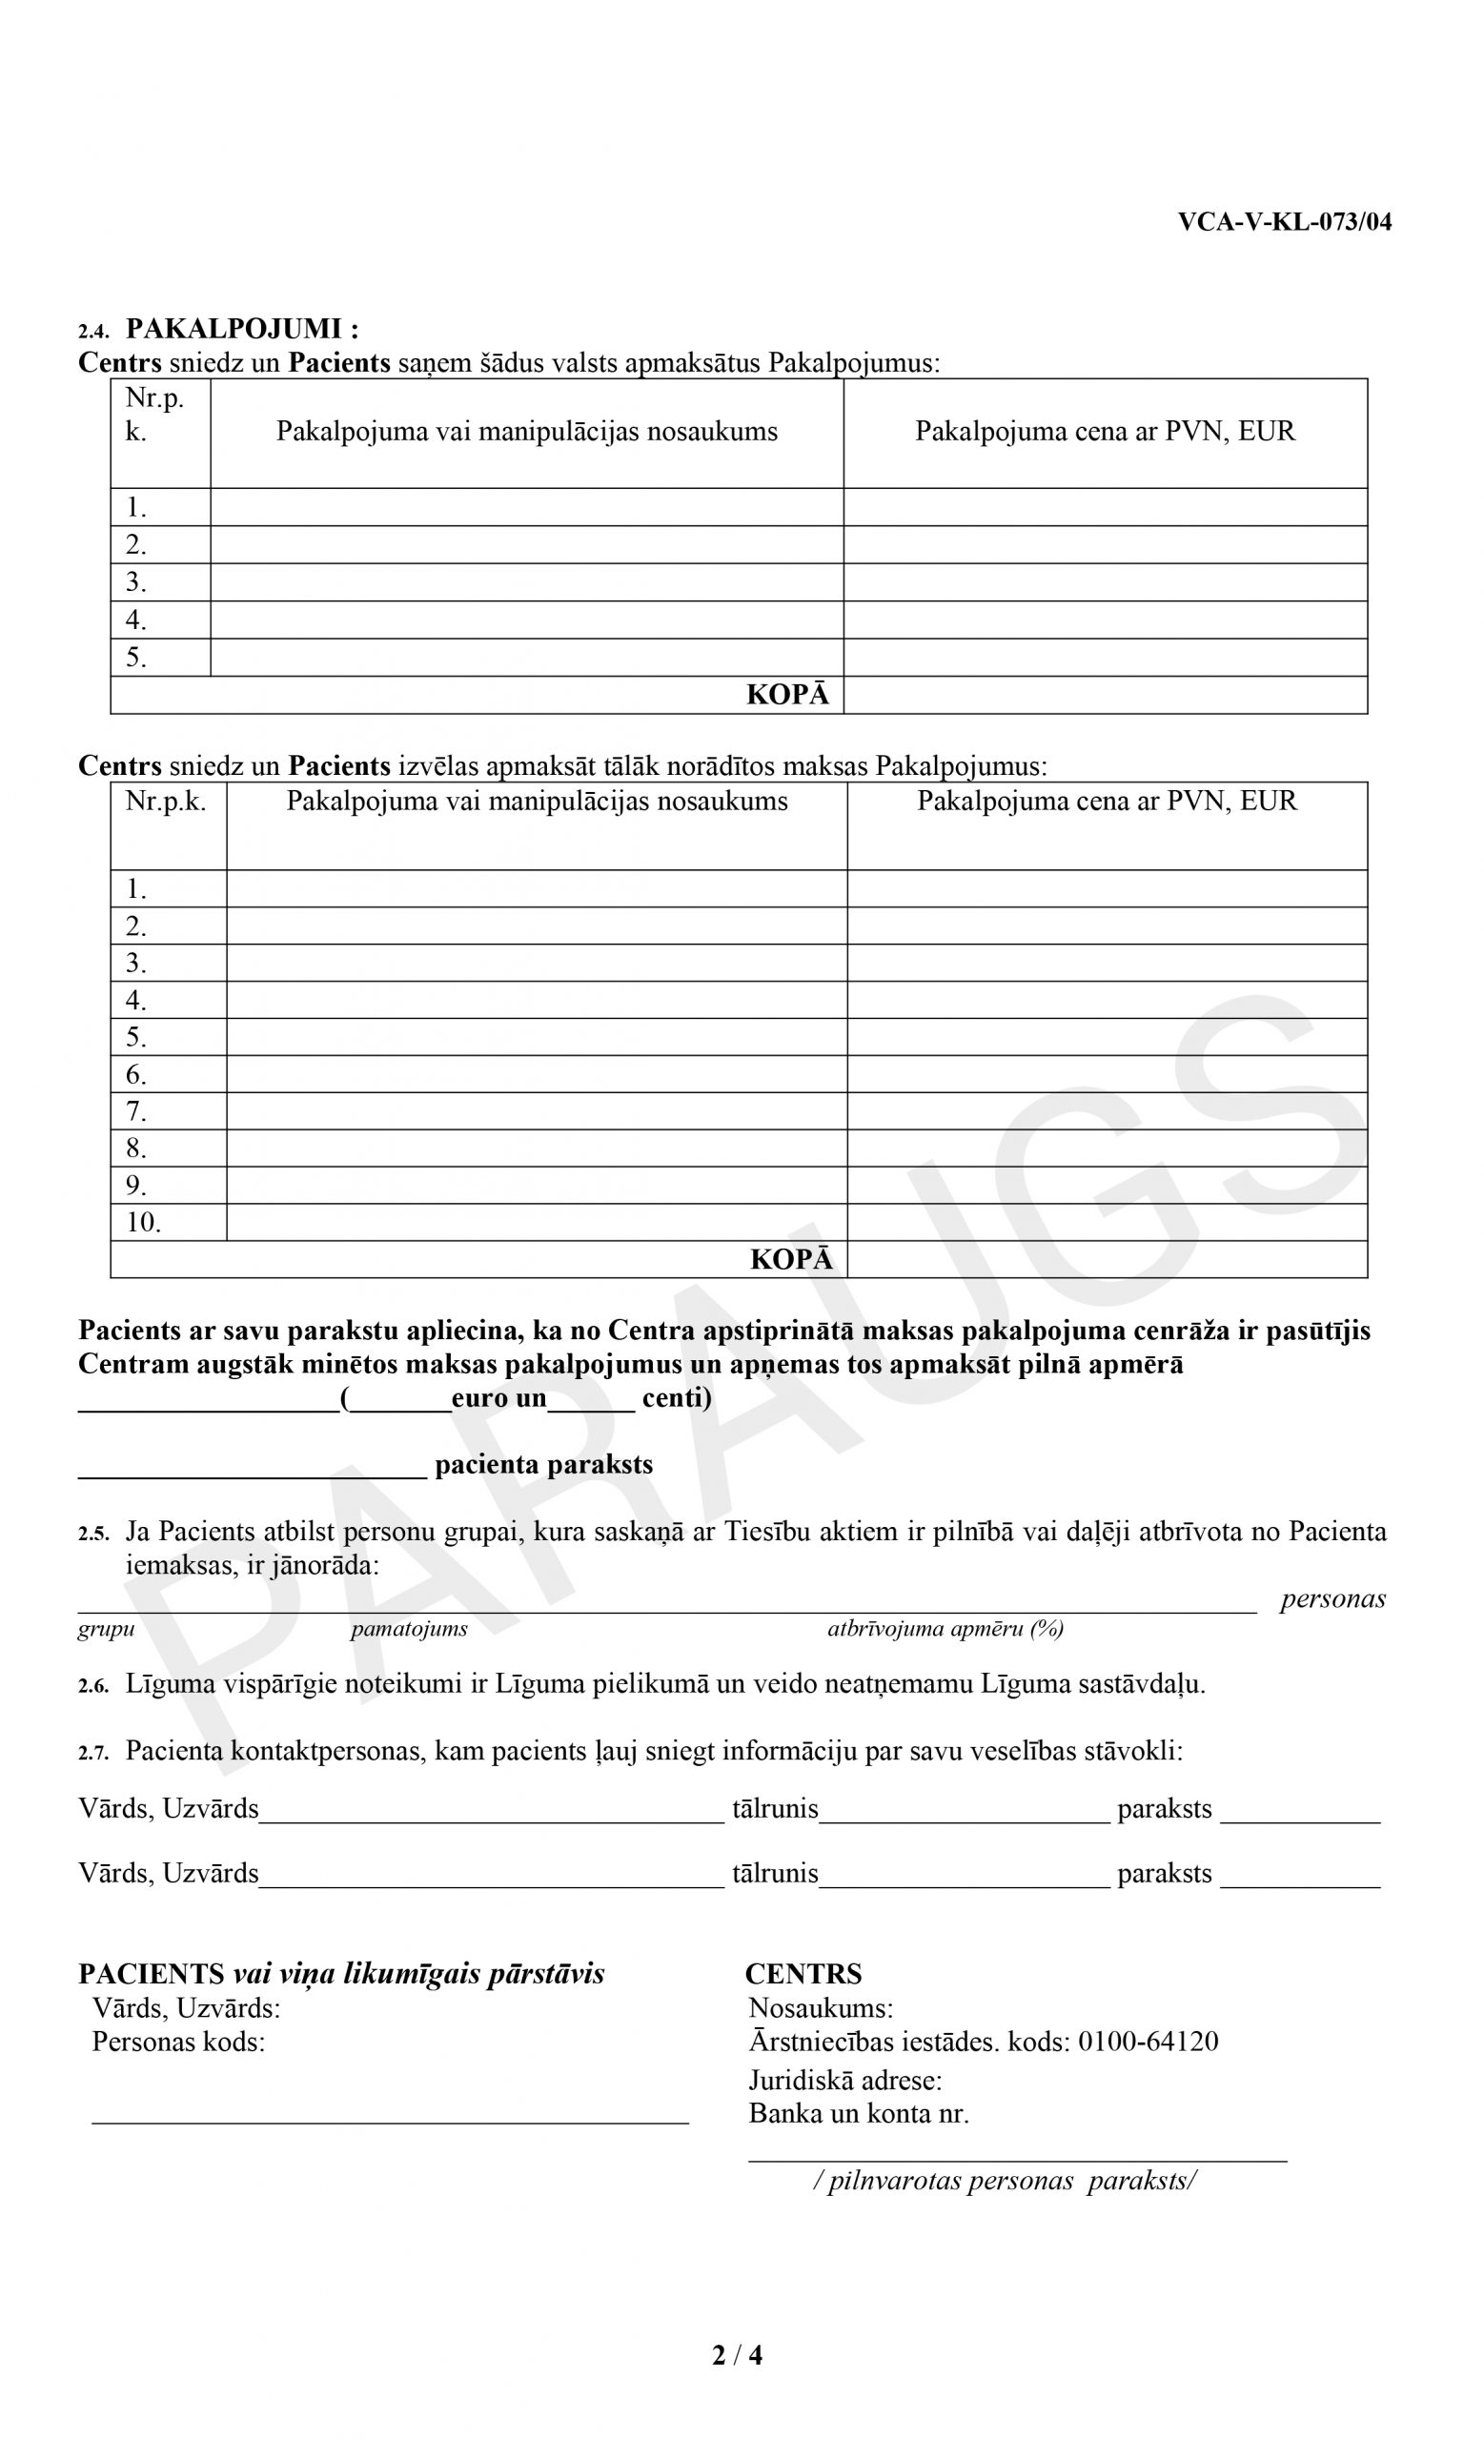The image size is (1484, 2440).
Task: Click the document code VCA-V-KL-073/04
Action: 1283,222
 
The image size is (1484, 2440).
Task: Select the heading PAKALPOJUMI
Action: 241,330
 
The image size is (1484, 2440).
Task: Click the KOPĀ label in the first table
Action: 787,695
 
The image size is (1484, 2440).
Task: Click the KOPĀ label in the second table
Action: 791,1260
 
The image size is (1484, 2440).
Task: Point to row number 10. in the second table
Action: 143,1223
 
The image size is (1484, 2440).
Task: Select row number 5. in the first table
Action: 135,659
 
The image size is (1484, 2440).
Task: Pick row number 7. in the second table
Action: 135,1112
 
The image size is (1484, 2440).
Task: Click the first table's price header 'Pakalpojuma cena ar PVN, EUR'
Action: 1104,432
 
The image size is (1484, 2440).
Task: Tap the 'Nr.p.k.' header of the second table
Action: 165,802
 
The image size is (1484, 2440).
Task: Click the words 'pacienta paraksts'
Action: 543,1465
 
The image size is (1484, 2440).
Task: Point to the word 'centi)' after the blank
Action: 676,1398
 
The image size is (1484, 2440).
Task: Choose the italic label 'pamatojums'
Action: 409,1629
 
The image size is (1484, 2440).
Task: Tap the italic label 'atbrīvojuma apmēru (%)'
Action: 945,1629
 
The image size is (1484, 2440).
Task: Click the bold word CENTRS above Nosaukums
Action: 803,1975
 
